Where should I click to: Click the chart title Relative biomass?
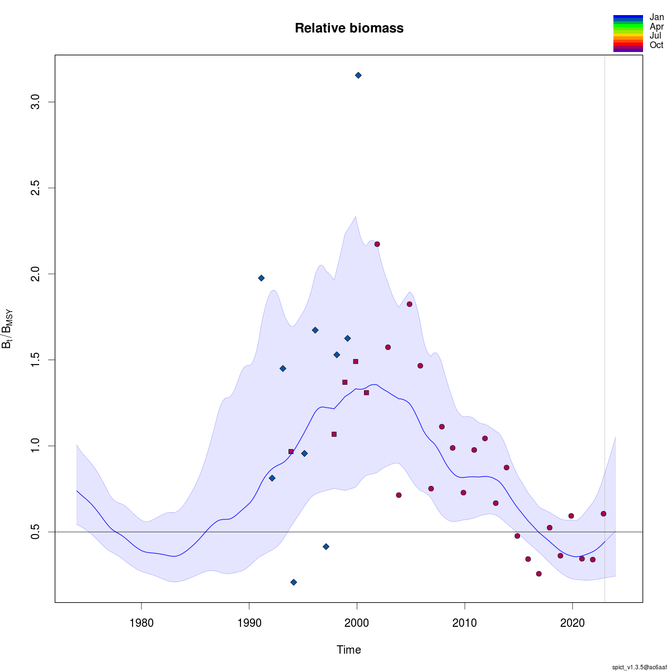point(349,28)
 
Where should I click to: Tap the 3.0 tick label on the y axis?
point(35,102)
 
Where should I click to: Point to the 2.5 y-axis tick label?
point(35,188)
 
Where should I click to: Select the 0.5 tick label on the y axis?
point(35,532)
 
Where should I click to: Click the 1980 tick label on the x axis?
point(141,623)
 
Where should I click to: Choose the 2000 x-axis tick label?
point(357,623)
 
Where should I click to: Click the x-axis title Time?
point(349,650)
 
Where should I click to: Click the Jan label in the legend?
point(656,17)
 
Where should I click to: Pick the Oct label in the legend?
point(656,45)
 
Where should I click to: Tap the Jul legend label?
point(655,36)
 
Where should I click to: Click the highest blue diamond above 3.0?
point(358,75)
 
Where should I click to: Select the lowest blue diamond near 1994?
point(294,582)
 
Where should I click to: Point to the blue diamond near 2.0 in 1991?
point(261,278)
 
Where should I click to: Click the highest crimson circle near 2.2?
point(377,244)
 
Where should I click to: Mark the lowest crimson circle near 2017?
point(538,574)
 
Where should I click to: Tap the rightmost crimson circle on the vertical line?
point(603,514)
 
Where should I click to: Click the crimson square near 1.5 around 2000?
point(356,362)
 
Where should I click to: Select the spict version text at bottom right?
point(639,667)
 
